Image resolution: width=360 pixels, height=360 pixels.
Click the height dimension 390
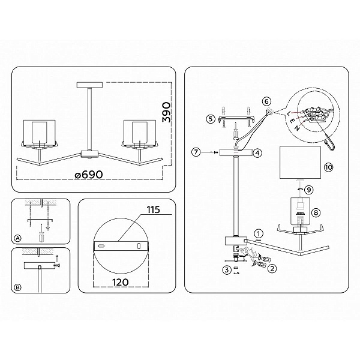tap(167, 112)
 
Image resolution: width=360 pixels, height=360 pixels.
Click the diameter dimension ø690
tap(89, 175)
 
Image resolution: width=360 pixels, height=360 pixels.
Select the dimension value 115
tap(154, 210)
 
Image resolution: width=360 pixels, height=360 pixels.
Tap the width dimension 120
tap(121, 282)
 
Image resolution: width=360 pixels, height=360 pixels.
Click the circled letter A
tap(17, 238)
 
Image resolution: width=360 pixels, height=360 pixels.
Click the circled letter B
tap(17, 287)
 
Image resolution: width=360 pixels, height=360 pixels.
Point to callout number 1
tap(259, 234)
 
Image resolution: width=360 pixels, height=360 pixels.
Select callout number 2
tap(272, 268)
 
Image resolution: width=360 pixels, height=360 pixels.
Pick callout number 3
tap(227, 270)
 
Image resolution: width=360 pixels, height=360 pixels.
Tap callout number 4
tap(257, 152)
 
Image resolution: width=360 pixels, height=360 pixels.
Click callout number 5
tap(211, 119)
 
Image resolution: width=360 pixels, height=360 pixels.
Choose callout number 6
tap(266, 101)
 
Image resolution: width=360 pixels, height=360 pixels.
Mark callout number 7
tap(196, 152)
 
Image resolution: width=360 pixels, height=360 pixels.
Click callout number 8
tap(316, 212)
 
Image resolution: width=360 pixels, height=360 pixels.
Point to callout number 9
tap(309, 190)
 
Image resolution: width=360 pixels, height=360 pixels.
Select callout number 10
tap(328, 167)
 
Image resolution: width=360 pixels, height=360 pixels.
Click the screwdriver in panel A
tap(41, 233)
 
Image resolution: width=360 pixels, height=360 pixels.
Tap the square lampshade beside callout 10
tap(300, 163)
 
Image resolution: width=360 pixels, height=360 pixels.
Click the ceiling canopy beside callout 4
tap(236, 152)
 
